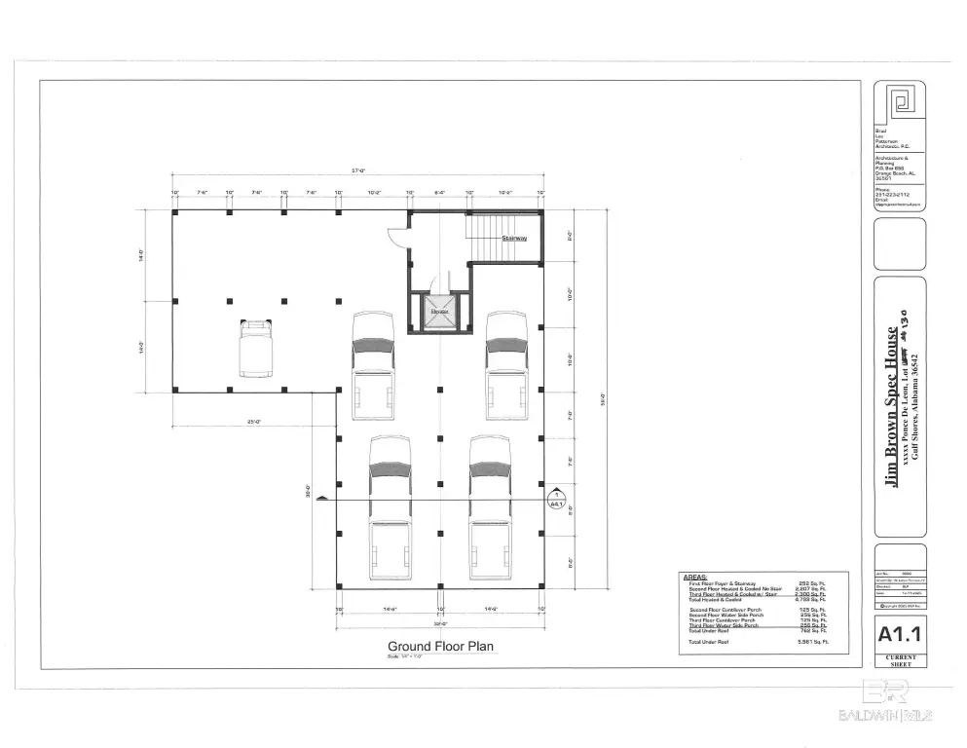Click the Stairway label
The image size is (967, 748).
[x=514, y=238]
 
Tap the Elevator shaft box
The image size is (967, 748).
[x=439, y=314]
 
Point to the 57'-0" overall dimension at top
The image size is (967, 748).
[x=357, y=171]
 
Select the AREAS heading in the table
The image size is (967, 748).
[x=695, y=577]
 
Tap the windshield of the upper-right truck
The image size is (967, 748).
[x=506, y=344]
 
